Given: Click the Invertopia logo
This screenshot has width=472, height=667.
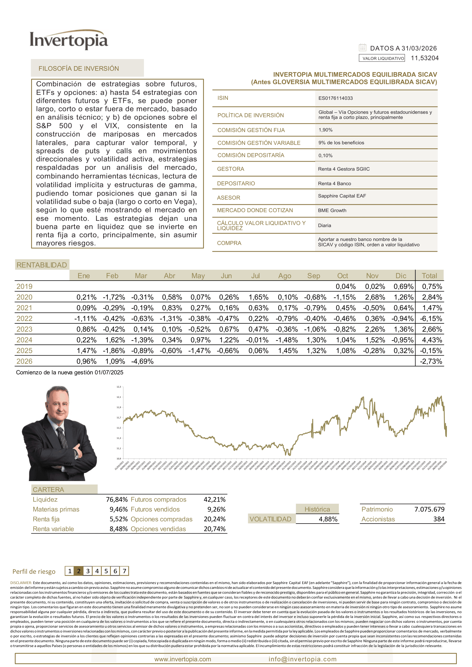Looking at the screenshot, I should (69, 40).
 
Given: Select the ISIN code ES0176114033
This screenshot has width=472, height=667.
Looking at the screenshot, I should (335, 98).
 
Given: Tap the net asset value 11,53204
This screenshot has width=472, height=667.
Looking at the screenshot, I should (424, 58).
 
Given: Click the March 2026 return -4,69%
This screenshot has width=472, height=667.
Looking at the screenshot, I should (142, 361).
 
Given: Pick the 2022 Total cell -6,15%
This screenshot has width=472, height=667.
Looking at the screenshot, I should (431, 319).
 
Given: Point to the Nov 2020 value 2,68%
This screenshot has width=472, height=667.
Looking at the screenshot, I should (375, 297).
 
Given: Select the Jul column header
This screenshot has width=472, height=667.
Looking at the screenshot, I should (255, 276).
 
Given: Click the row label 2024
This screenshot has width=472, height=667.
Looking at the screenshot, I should (25, 340).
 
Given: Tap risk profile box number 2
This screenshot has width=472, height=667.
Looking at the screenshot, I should (78, 571).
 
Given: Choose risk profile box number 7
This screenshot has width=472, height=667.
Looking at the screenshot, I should (124, 571).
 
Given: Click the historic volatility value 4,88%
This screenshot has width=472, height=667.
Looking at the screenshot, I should (328, 519).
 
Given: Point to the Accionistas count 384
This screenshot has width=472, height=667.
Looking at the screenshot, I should (439, 519).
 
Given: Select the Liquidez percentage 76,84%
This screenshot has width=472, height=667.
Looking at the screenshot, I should (117, 499).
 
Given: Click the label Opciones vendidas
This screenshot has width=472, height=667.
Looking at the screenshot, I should (158, 529).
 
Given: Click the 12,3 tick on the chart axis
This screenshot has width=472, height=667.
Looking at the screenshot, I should (119, 387).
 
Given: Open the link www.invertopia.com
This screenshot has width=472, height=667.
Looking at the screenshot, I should (183, 659).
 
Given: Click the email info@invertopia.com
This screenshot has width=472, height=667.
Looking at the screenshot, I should (302, 659).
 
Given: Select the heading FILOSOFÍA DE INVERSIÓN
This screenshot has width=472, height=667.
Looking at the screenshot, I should (78, 69).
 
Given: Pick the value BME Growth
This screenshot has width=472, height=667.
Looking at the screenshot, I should (332, 210).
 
